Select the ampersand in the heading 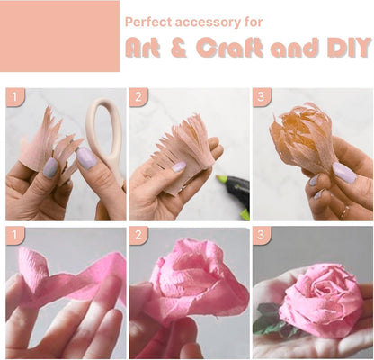pyautogui.click(x=179, y=48)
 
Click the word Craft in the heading pyautogui.click(x=230, y=48)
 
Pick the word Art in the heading pyautogui.click(x=142, y=48)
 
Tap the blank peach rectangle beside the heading pyautogui.click(x=59, y=36)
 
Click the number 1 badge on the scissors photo pyautogui.click(x=15, y=97)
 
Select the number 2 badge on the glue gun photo pyautogui.click(x=138, y=97)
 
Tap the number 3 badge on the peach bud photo pyautogui.click(x=262, y=97)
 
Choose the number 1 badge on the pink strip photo pyautogui.click(x=15, y=235)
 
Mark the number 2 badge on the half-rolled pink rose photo pyautogui.click(x=138, y=235)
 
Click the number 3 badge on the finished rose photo pyautogui.click(x=262, y=235)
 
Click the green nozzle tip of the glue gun pyautogui.click(x=221, y=179)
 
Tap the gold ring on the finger pyautogui.click(x=344, y=212)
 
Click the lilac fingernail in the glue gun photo pyautogui.click(x=179, y=166)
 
